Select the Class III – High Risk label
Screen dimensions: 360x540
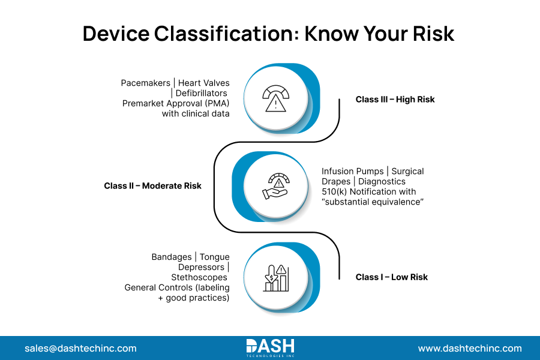point(395,100)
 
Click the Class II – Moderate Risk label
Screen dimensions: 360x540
point(152,186)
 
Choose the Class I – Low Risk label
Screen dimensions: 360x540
point(391,277)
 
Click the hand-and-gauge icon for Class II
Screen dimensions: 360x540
point(275,186)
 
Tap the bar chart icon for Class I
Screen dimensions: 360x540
point(275,277)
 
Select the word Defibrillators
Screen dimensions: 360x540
point(201,93)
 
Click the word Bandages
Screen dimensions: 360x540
point(172,257)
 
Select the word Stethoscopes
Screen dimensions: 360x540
point(199,277)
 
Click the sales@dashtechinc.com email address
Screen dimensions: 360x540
point(80,348)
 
